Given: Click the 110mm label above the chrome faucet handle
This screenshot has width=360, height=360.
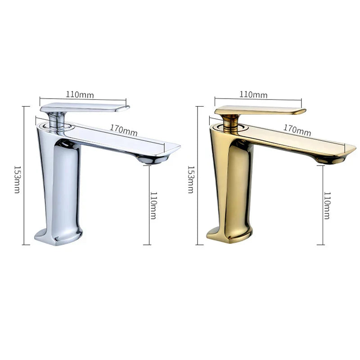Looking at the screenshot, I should pyautogui.click(x=80, y=94).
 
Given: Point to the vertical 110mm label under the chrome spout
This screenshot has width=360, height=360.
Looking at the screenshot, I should pyautogui.click(x=153, y=205).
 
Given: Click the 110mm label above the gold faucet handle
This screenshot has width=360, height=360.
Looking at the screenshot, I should pyautogui.click(x=253, y=94).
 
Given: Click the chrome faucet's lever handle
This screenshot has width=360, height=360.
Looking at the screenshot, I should pyautogui.click(x=85, y=108).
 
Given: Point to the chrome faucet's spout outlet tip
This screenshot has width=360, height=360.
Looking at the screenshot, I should pyautogui.click(x=153, y=160).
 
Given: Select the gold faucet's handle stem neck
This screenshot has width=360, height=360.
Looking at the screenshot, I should pyautogui.click(x=230, y=121).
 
